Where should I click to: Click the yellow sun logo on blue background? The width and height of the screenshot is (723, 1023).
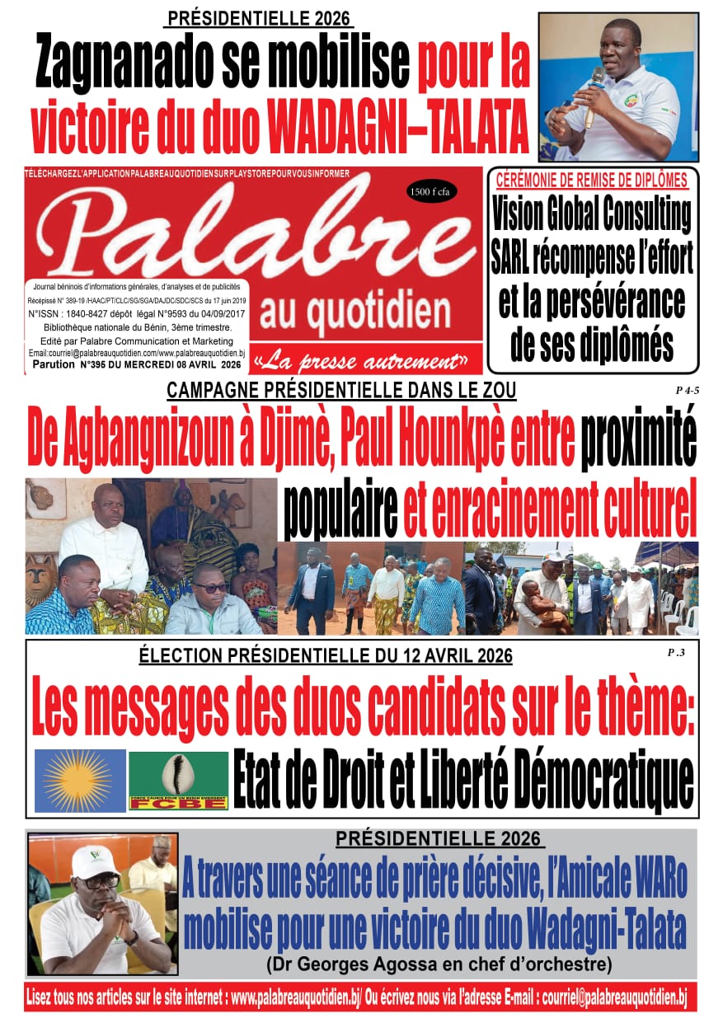80,780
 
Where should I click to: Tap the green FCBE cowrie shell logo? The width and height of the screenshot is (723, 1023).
178,780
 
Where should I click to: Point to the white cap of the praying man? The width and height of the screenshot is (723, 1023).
96,861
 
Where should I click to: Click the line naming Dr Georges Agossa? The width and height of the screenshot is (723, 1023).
439,962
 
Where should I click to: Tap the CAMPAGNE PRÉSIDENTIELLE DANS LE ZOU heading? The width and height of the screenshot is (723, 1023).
341,391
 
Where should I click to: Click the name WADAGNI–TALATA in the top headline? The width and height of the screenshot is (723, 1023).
396,124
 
